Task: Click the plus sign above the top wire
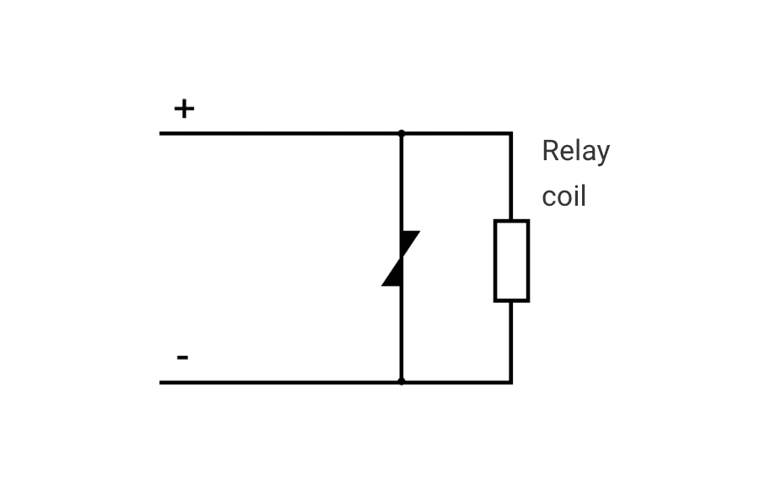click(184, 109)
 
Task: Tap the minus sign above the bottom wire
click(182, 358)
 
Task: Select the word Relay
click(575, 152)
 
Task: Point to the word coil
click(563, 196)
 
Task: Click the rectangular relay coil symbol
click(511, 261)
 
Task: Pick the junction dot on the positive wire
click(402, 133)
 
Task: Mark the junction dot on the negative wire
click(402, 382)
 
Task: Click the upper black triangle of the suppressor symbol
click(411, 242)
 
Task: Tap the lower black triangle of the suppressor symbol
click(392, 276)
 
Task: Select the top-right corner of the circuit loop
click(511, 133)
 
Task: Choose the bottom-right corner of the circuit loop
click(511, 382)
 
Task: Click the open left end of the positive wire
click(161, 133)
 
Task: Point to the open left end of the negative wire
click(161, 382)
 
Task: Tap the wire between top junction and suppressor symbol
click(402, 181)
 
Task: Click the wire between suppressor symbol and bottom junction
click(402, 333)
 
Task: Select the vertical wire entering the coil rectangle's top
click(511, 177)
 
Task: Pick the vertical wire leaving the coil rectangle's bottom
click(511, 341)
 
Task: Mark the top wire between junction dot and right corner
click(456, 133)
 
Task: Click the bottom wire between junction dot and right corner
click(456, 382)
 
